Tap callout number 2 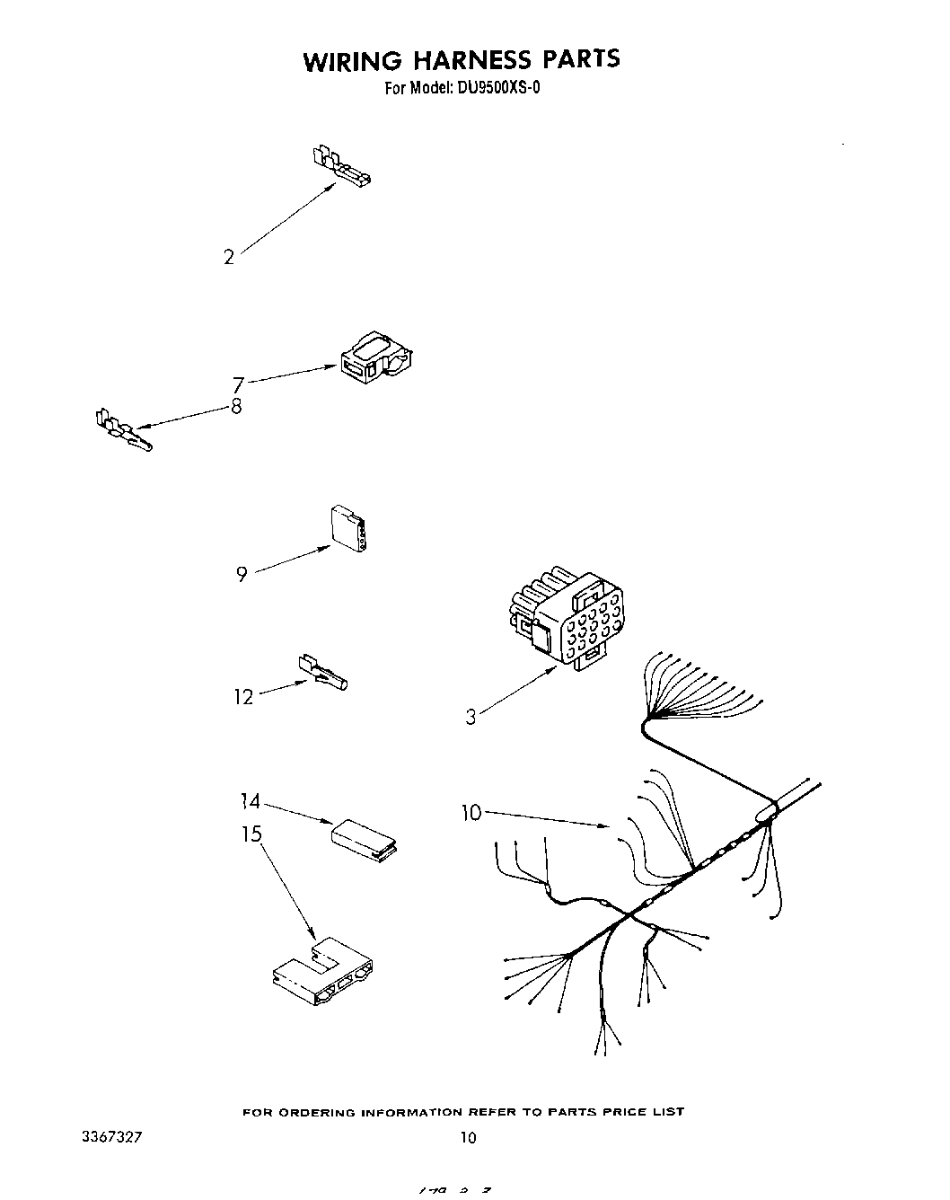click(229, 258)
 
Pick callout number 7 click(238, 385)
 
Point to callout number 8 click(236, 406)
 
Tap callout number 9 click(242, 574)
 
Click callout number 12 click(243, 697)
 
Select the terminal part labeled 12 click(321, 673)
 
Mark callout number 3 click(471, 717)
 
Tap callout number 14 click(251, 801)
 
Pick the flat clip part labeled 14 click(365, 836)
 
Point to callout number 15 click(251, 834)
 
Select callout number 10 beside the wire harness click(471, 813)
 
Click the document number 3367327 click(111, 1137)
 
